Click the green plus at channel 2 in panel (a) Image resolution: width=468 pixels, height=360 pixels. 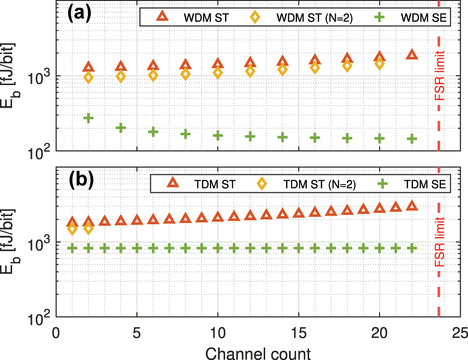click(88, 118)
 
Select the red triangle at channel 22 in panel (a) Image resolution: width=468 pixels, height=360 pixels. click(411, 55)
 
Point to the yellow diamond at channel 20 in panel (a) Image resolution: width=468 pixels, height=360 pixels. click(380, 63)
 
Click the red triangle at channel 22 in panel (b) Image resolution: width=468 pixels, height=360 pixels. click(411, 206)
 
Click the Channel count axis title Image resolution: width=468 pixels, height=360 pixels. click(258, 352)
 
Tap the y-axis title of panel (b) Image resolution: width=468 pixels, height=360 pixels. click(14, 243)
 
